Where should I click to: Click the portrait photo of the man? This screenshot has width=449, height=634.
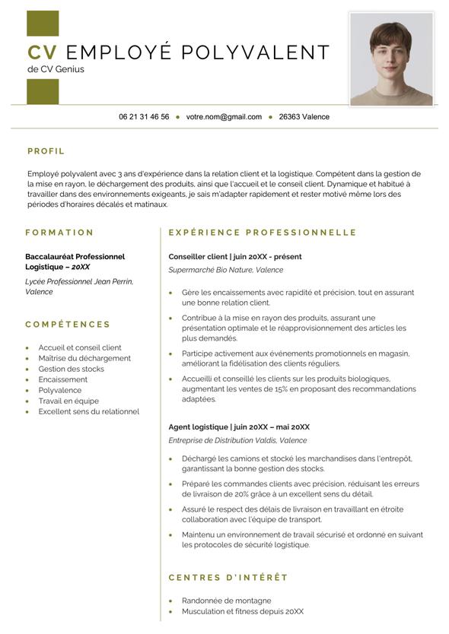pyautogui.click(x=391, y=59)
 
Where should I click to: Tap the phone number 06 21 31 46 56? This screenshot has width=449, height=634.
pyautogui.click(x=144, y=117)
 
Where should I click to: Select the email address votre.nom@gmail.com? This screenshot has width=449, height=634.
pyautogui.click(x=224, y=117)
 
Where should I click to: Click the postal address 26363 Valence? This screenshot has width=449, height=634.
pyautogui.click(x=304, y=117)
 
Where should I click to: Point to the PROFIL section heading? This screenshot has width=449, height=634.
pyautogui.click(x=46, y=151)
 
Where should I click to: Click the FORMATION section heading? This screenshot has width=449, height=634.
pyautogui.click(x=59, y=233)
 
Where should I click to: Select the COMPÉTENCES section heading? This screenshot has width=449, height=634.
pyautogui.click(x=68, y=325)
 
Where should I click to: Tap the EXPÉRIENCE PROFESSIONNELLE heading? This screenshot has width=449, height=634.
pyautogui.click(x=263, y=233)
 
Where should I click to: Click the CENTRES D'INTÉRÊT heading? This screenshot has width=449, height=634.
pyautogui.click(x=228, y=578)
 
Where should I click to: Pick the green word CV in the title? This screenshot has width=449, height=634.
pyautogui.click(x=43, y=52)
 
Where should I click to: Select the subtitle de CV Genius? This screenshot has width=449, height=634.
pyautogui.click(x=56, y=69)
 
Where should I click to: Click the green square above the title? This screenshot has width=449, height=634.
pyautogui.click(x=43, y=24)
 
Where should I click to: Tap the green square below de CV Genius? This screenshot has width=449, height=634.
pyautogui.click(x=43, y=91)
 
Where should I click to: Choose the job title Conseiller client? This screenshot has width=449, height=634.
pyautogui.click(x=198, y=257)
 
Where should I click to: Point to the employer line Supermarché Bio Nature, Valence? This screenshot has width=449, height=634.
pyautogui.click(x=225, y=270)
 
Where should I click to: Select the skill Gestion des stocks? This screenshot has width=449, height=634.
pyautogui.click(x=71, y=369)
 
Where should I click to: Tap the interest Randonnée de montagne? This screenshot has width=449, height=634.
pyautogui.click(x=226, y=601)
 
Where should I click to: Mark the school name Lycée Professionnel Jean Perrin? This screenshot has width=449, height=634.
pyautogui.click(x=79, y=281)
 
